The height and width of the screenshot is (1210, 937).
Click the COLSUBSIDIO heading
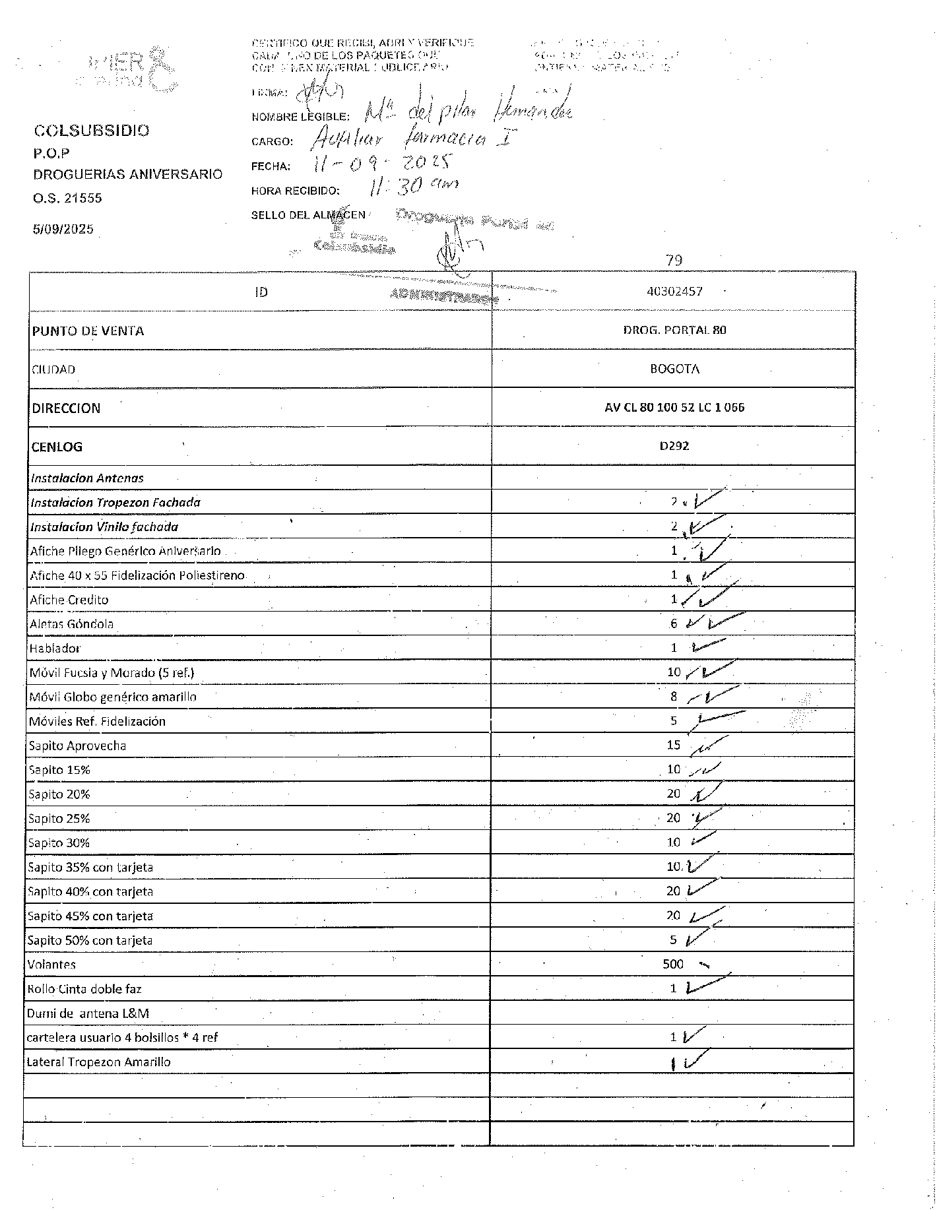coord(92,130)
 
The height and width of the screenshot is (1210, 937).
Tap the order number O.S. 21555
coord(67,198)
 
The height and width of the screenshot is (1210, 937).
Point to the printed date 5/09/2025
coord(63,230)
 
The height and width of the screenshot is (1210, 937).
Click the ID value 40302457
coord(674,291)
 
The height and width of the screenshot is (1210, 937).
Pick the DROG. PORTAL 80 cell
coord(674,330)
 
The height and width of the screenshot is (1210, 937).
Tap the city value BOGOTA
coord(674,369)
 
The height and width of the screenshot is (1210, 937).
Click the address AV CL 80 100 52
coord(674,407)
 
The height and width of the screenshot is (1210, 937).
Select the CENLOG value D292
coord(674,446)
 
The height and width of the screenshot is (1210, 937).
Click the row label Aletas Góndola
coord(71,624)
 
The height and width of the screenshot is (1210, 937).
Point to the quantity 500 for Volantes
coord(673,965)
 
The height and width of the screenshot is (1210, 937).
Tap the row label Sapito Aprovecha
coord(77,746)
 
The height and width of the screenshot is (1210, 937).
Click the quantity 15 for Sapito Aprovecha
coord(673,746)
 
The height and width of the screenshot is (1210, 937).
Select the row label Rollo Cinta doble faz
coord(84,989)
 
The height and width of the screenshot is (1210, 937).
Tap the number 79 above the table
coord(674,261)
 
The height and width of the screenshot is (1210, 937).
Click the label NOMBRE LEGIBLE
coord(300,117)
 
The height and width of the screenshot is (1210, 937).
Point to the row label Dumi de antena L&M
coord(88,1013)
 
